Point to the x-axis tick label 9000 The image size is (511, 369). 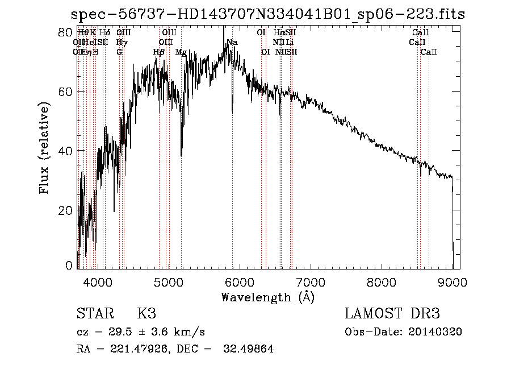(x=452, y=282)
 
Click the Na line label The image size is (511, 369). (x=232, y=43)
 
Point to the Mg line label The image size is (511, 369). (x=181, y=52)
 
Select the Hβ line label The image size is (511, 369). (x=159, y=52)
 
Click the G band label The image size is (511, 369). (x=119, y=52)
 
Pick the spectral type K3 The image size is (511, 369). (x=146, y=314)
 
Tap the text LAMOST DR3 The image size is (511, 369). (x=392, y=314)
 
